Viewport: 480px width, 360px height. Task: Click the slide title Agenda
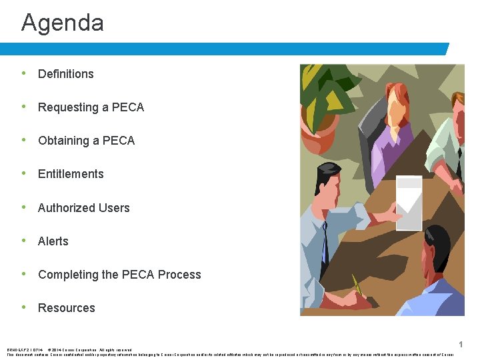[x=63, y=23]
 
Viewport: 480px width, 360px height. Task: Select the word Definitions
[x=65, y=74]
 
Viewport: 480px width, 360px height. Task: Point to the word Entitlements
[x=71, y=174]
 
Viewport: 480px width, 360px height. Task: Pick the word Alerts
[x=53, y=241]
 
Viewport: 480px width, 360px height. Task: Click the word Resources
[x=67, y=308]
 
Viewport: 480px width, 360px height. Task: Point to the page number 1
[x=461, y=344]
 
